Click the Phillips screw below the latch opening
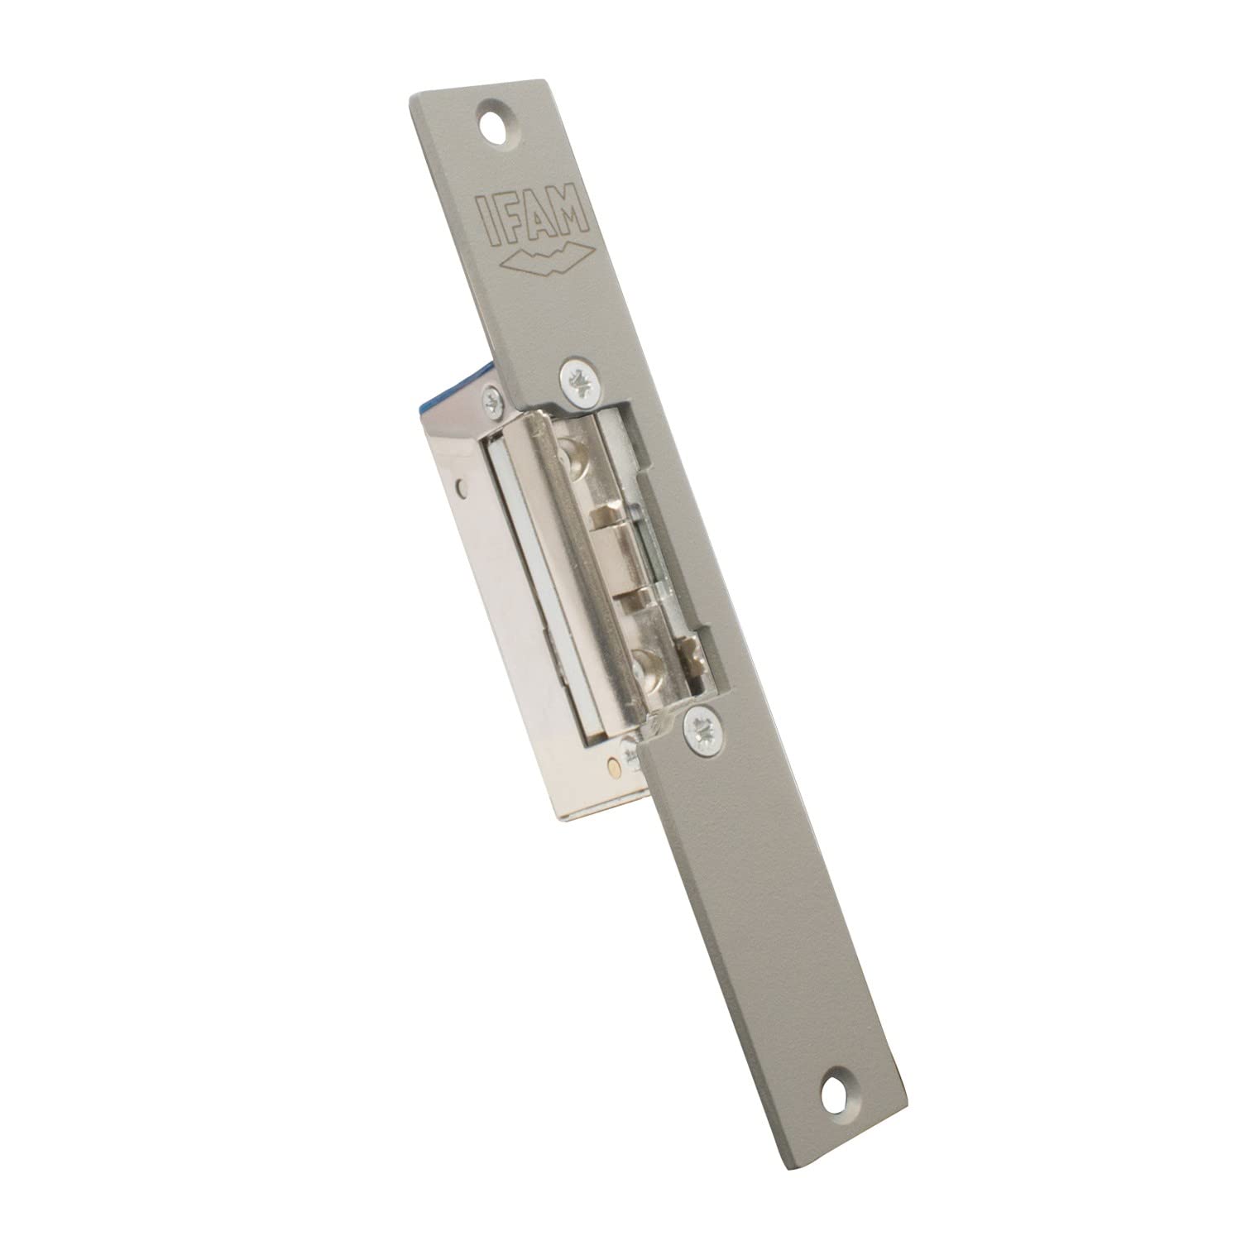click(700, 729)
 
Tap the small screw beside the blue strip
click(494, 405)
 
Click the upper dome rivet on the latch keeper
click(576, 457)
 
